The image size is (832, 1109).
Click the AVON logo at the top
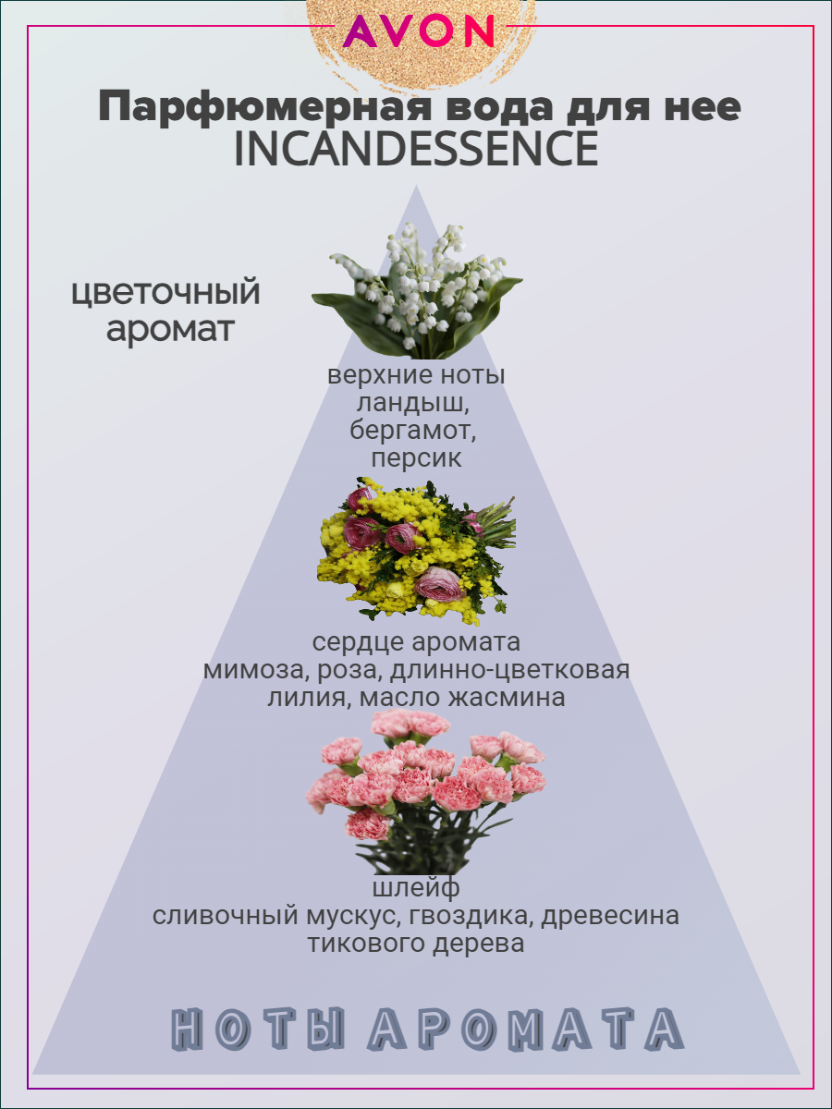pos(419,31)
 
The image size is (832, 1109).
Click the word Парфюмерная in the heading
pos(268,108)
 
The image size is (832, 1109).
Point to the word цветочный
pos(165,293)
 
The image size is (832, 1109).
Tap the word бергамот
pos(416,431)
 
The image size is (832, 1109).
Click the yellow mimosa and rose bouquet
pos(416,549)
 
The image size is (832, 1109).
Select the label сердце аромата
pos(416,642)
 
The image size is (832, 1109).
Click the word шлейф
pos(416,889)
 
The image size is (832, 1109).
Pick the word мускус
pos(347,917)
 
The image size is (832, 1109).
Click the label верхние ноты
pos(416,377)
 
